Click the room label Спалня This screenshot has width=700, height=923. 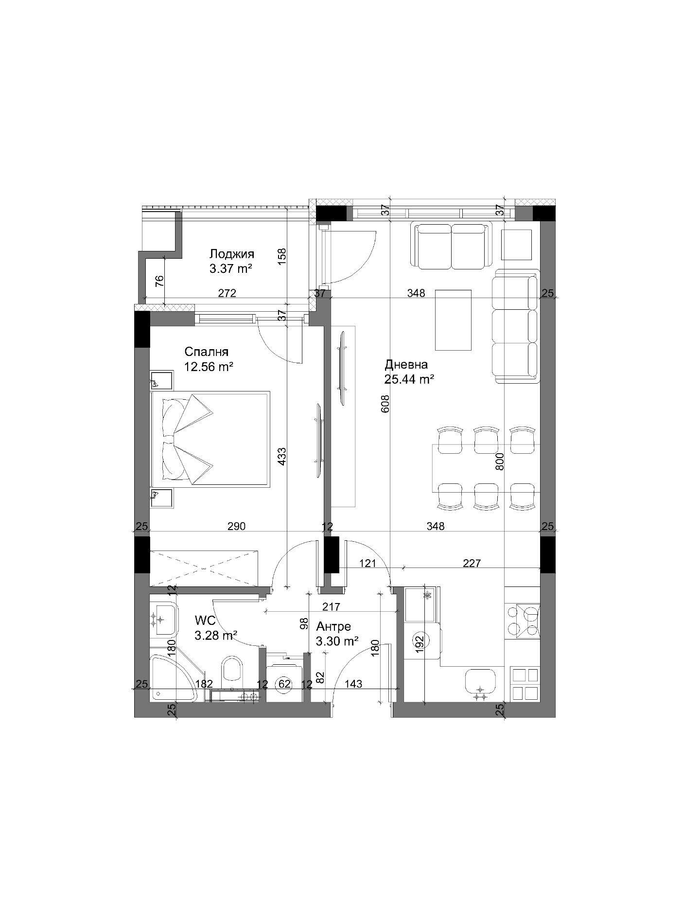point(206,352)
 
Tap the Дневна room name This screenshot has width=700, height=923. point(406,365)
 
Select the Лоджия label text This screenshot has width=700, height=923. point(232,254)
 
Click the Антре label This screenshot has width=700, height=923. point(333,627)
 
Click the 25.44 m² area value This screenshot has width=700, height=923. point(409,379)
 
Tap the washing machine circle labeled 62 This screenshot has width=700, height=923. point(284,684)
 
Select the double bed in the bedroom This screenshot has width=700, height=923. point(210,439)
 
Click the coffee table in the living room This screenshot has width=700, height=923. point(453,320)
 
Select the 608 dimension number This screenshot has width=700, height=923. point(386,404)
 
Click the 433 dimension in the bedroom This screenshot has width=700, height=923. point(282,458)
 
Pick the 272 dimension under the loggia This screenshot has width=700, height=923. point(227,293)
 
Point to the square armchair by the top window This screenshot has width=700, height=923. point(517,245)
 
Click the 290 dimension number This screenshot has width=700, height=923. point(236,526)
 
